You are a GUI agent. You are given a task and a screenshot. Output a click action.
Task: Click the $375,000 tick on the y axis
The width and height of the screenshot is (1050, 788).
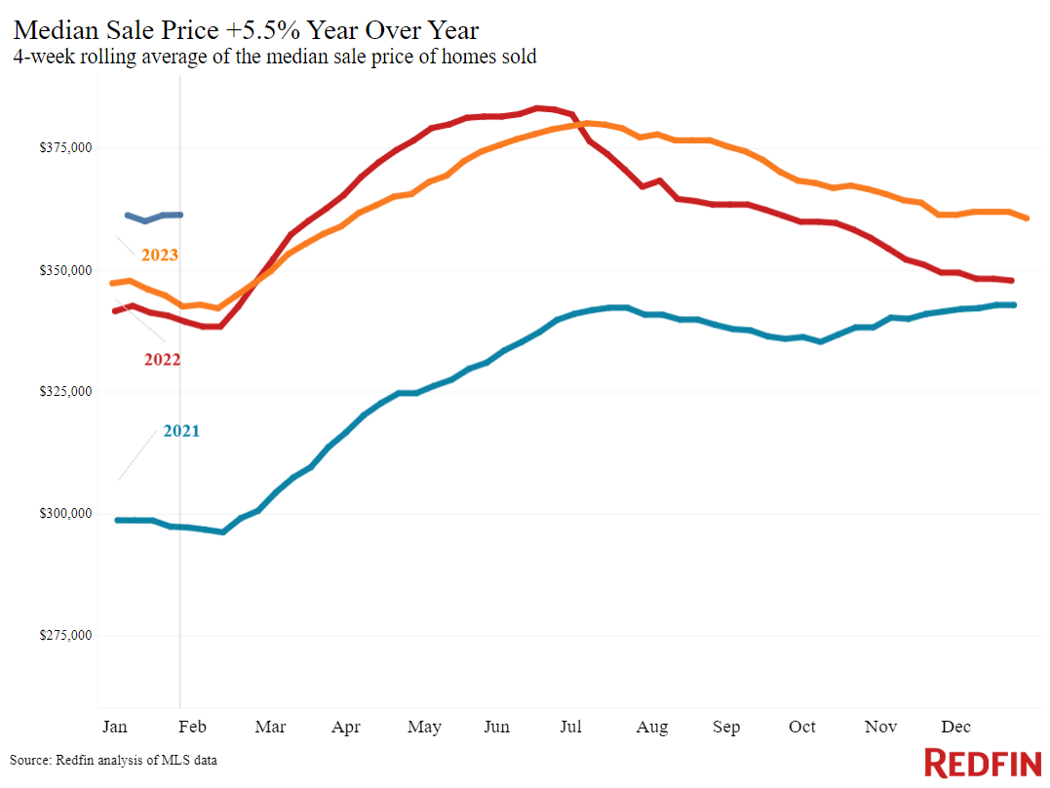click(65, 147)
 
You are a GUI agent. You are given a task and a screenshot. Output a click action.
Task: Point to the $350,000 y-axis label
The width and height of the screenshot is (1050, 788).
click(65, 271)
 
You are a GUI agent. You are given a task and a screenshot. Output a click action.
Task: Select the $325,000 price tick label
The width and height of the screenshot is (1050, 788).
click(65, 391)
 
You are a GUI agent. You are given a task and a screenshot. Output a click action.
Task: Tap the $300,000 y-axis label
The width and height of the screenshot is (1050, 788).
click(65, 514)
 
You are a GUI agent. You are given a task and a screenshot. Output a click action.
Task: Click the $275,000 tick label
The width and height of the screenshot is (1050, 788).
click(65, 635)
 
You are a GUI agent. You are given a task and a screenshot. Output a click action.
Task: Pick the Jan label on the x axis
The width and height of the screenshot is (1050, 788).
click(114, 727)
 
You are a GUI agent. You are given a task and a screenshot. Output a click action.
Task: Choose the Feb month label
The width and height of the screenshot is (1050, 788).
click(192, 727)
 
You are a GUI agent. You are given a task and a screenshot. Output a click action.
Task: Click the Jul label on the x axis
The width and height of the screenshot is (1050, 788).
click(570, 727)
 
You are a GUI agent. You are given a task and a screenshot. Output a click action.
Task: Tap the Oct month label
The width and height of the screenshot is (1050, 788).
click(801, 727)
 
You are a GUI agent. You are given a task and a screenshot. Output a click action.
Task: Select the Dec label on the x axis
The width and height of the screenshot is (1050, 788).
click(955, 727)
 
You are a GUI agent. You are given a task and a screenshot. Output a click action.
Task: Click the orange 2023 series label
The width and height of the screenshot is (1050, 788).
click(159, 256)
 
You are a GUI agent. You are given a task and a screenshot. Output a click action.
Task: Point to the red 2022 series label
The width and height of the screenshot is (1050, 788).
click(162, 360)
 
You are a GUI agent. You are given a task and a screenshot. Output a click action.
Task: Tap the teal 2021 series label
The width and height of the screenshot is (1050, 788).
click(181, 431)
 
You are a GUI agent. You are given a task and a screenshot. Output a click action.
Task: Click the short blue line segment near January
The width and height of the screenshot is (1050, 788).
click(154, 217)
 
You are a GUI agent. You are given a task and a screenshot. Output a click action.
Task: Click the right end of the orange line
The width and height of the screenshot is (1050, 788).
click(1027, 218)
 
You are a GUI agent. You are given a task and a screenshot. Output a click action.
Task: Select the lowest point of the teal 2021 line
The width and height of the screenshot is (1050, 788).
click(223, 532)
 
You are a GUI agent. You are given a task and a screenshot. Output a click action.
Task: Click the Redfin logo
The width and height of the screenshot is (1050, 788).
click(983, 764)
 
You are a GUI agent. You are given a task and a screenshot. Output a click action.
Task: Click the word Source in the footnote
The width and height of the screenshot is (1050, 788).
click(30, 761)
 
